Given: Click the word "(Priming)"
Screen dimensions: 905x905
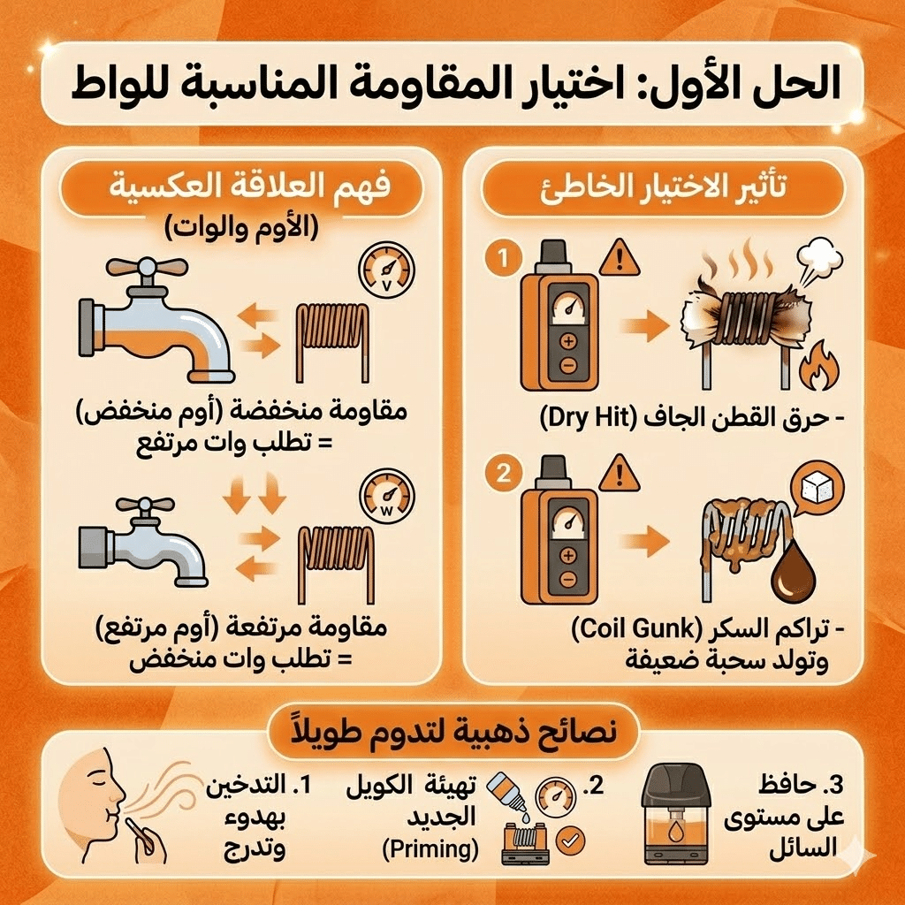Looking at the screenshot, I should pyautogui.click(x=430, y=850).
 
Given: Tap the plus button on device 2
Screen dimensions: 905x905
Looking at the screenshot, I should pyautogui.click(x=567, y=554).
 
